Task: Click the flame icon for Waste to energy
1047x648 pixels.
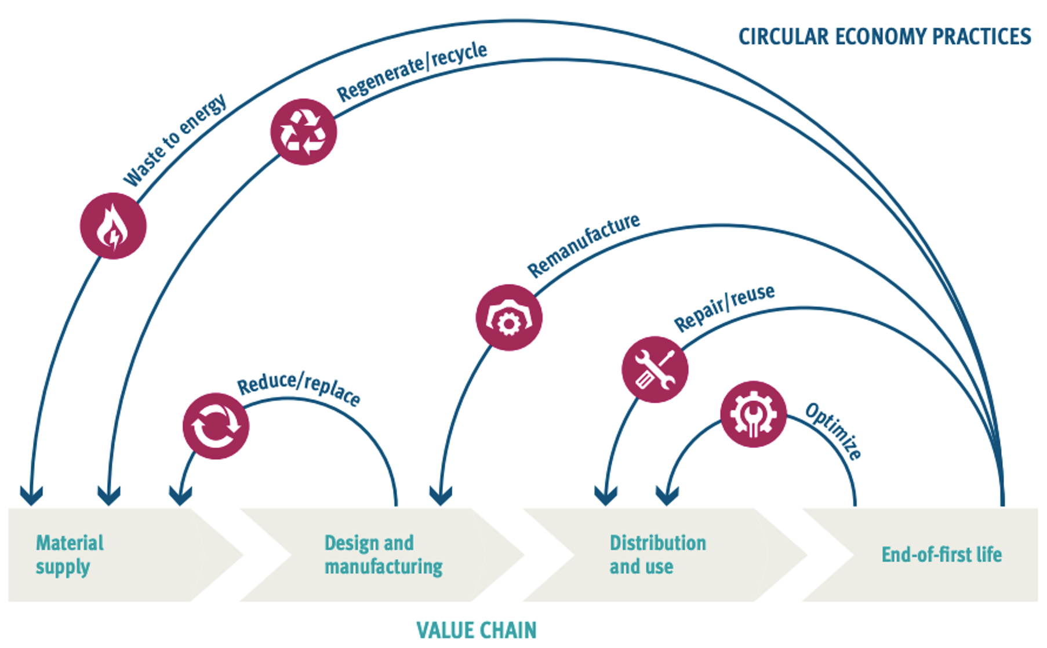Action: pyautogui.click(x=113, y=226)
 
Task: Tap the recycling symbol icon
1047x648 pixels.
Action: pyautogui.click(x=303, y=132)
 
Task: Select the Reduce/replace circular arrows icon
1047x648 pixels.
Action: pyautogui.click(x=216, y=426)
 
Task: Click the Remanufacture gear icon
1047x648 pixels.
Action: pyautogui.click(x=509, y=318)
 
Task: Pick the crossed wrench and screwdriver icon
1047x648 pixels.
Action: pyautogui.click(x=655, y=369)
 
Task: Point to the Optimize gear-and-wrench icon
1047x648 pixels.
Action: pyautogui.click(x=753, y=414)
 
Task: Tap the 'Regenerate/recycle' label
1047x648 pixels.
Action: pyautogui.click(x=412, y=72)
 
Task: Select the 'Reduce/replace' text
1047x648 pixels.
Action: pyautogui.click(x=299, y=388)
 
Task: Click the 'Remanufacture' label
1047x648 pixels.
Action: pyautogui.click(x=583, y=245)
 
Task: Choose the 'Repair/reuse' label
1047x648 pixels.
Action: pyautogui.click(x=724, y=308)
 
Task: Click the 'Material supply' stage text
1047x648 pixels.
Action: pyautogui.click(x=70, y=555)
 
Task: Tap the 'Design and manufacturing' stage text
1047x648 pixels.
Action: pyautogui.click(x=383, y=555)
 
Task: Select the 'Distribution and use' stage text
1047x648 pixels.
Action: pyautogui.click(x=657, y=555)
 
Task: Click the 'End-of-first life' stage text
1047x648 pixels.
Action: pyautogui.click(x=941, y=555)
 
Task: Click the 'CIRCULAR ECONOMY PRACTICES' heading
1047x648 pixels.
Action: pyautogui.click(x=885, y=37)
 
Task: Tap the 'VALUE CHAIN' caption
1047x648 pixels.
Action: pyautogui.click(x=477, y=630)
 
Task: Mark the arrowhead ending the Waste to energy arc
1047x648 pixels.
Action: pyautogui.click(x=31, y=496)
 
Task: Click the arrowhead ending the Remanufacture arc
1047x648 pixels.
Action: pyautogui.click(x=441, y=496)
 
